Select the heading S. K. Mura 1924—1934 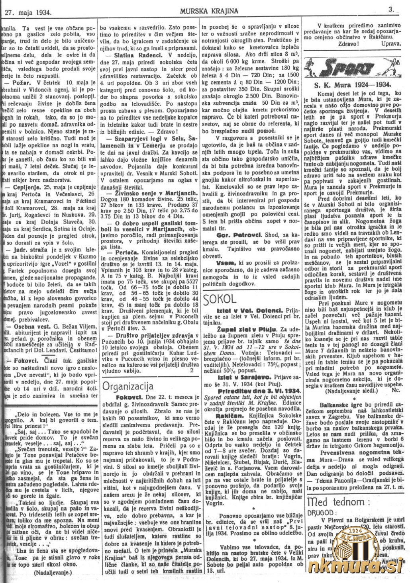pos(352,85)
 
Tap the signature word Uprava pos(390,44)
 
